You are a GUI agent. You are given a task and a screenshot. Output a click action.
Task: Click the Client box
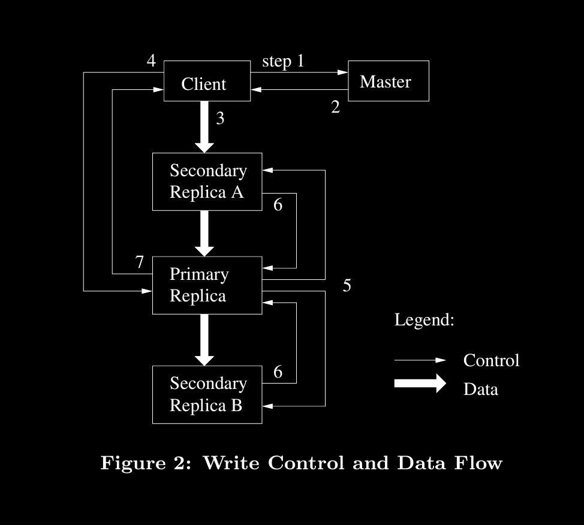tap(207, 82)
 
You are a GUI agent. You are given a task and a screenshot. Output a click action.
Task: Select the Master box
tap(388, 81)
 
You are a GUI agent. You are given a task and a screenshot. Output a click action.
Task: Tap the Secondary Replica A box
tap(207, 182)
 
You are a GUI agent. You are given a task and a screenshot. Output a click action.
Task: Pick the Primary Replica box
tap(207, 285)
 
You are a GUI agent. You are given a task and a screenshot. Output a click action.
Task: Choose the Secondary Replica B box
tap(207, 394)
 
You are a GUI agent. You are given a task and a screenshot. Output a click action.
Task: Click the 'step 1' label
tap(283, 61)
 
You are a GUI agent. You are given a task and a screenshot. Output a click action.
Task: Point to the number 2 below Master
tap(335, 107)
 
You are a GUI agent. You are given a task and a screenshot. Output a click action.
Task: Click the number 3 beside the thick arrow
tap(220, 119)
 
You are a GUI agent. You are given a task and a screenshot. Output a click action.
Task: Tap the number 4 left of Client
tap(151, 61)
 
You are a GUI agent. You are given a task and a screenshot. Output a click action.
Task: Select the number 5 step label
tap(347, 286)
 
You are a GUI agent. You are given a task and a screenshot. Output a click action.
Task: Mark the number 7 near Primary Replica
tap(139, 262)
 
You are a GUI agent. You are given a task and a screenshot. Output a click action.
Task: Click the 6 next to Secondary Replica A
tap(278, 204)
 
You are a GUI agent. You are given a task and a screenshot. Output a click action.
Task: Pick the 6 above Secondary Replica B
tap(278, 372)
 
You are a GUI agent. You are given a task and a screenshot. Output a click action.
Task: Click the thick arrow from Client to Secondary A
tap(205, 126)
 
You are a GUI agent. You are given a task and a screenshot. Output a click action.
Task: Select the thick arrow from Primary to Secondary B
tap(205, 339)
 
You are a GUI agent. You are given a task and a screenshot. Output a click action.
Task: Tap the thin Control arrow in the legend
tap(420, 361)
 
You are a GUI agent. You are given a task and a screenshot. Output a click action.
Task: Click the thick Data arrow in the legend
tap(420, 384)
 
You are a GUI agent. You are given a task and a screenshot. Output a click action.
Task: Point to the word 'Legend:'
tap(424, 320)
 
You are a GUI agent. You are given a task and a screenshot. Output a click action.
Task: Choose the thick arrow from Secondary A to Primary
tap(205, 233)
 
